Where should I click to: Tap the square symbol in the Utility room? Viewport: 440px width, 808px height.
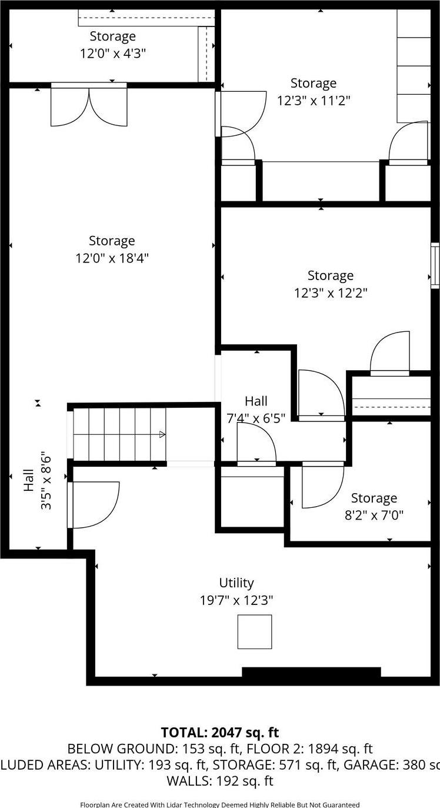[x=255, y=631]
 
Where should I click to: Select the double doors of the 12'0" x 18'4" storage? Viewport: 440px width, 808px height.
[x=89, y=106]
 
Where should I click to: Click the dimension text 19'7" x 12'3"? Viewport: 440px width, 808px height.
[x=236, y=600]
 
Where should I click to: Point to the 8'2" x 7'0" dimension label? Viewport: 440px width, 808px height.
[x=374, y=516]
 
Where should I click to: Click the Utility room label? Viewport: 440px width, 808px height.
[x=236, y=583]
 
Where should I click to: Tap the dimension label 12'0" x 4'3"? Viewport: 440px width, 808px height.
[x=113, y=54]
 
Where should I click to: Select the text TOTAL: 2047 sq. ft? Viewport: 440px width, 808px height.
[x=220, y=733]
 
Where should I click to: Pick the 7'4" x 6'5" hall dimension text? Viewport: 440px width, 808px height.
[x=256, y=418]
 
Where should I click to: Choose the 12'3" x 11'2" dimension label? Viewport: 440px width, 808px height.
[x=314, y=100]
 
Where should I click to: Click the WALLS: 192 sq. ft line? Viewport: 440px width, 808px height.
[x=220, y=782]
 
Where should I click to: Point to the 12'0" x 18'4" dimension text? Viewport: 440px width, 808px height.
[x=112, y=258]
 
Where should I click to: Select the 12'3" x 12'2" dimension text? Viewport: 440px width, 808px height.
[x=331, y=292]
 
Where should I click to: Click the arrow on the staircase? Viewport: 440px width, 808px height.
[x=162, y=435]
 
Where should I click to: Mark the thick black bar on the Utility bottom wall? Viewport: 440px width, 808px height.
[x=311, y=672]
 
